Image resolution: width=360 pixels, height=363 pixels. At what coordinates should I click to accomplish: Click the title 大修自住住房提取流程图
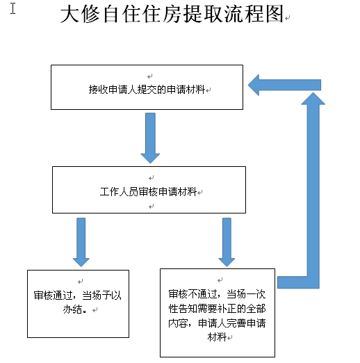[172, 14]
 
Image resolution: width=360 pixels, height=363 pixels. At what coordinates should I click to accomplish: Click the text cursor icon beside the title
[13, 8]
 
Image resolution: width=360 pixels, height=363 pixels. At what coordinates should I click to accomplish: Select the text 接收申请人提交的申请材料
[147, 90]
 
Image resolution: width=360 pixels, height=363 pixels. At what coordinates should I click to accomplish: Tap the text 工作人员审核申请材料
[148, 192]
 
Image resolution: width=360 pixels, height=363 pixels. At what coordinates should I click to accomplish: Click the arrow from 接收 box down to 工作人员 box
[150, 138]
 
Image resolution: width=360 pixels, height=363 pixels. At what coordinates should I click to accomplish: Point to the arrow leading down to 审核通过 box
[81, 242]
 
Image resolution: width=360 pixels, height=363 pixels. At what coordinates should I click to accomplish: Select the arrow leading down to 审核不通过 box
[227, 242]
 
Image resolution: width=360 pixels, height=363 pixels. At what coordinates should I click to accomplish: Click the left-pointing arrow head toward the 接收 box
[254, 85]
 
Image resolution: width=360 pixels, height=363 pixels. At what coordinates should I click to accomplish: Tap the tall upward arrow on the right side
[313, 190]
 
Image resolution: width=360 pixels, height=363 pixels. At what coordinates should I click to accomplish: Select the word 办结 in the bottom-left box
[72, 309]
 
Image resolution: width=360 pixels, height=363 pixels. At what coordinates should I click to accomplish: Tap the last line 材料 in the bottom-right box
[217, 337]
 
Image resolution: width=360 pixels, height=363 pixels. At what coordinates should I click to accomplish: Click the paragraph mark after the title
[288, 18]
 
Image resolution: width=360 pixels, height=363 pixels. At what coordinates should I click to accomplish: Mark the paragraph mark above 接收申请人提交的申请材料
[150, 76]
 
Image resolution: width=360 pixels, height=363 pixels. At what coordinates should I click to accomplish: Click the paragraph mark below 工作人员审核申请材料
[152, 206]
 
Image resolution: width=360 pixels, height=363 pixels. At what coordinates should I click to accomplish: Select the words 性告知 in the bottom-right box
[183, 309]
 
